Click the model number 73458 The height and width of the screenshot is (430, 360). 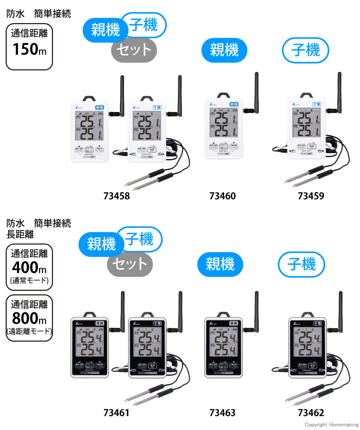[x=116, y=196]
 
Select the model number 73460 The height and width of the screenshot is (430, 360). [x=223, y=196]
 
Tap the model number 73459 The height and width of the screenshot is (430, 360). [x=311, y=196]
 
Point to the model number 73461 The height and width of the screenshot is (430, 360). [x=116, y=413]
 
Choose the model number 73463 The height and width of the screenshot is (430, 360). [x=223, y=413]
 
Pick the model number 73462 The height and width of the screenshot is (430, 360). [x=311, y=413]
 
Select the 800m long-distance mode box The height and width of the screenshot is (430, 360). [x=29, y=317]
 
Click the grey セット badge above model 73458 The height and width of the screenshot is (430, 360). [x=134, y=50]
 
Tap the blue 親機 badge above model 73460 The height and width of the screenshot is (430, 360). [x=224, y=50]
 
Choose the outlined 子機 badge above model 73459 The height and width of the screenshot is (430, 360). [x=305, y=50]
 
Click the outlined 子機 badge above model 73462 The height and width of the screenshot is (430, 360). [x=301, y=264]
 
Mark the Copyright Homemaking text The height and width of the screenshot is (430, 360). [x=331, y=425]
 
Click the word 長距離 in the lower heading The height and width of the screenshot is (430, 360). [x=20, y=234]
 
